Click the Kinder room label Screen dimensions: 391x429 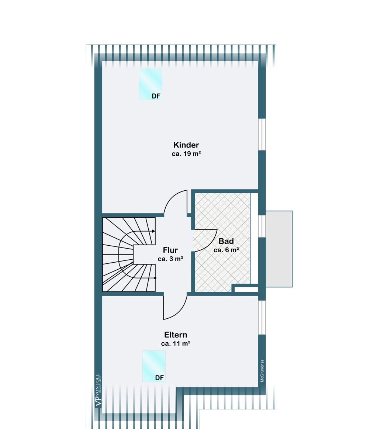(x=186, y=145)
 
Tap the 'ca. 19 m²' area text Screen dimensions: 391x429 (x=186, y=153)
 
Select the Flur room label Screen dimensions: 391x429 (x=170, y=250)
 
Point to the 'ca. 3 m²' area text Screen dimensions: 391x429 (x=170, y=259)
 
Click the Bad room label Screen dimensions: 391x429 (x=226, y=241)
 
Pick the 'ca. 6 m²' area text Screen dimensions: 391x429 (x=226, y=250)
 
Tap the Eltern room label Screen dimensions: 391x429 (x=176, y=335)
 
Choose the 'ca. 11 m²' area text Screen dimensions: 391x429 (x=176, y=343)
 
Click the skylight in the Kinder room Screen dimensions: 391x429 (x=150, y=84)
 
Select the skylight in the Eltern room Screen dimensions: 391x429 (x=154, y=366)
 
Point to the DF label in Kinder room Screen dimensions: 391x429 (x=156, y=96)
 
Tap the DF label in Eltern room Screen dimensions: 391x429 (x=159, y=378)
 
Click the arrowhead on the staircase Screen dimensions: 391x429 (x=153, y=231)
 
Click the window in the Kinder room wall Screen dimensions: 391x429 (x=262, y=134)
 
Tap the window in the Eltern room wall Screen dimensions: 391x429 (x=262, y=317)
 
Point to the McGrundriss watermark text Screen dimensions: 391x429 (x=262, y=371)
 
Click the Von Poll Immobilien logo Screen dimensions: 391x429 (x=98, y=391)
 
